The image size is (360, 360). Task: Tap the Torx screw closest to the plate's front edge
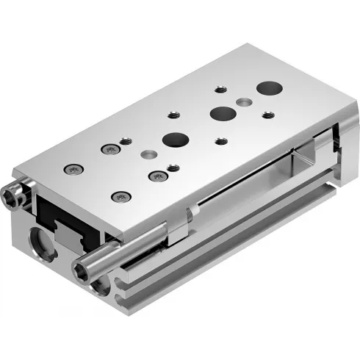(120, 196)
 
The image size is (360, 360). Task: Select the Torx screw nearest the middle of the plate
(156, 176)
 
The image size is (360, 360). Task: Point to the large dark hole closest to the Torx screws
(175, 139)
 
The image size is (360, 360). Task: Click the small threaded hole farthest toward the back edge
(220, 89)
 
